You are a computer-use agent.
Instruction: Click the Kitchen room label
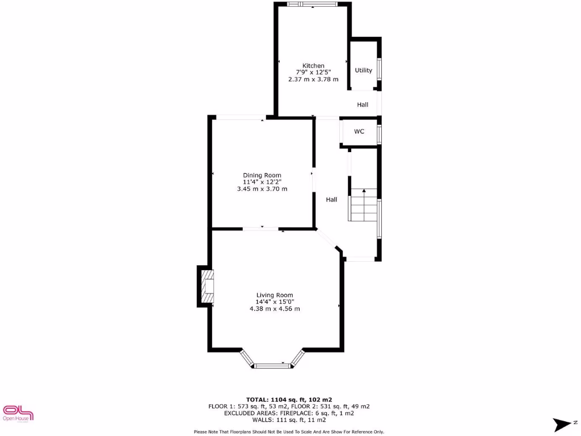click(313, 66)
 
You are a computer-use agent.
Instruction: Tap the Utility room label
click(364, 70)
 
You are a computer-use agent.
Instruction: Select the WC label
click(359, 132)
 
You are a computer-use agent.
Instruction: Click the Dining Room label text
click(262, 175)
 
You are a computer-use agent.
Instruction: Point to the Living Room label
click(275, 295)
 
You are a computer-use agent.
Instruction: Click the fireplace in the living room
click(207, 286)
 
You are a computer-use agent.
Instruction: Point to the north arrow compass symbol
click(564, 424)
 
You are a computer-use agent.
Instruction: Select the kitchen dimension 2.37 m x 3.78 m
click(313, 79)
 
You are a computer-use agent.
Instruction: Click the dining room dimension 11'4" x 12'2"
click(262, 182)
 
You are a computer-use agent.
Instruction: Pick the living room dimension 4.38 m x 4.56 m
click(275, 309)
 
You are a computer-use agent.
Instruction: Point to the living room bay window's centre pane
click(272, 366)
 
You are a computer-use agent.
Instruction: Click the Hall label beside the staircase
click(331, 200)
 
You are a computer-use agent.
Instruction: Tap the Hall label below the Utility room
click(363, 105)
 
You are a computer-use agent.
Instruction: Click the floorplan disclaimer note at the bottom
click(289, 432)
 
